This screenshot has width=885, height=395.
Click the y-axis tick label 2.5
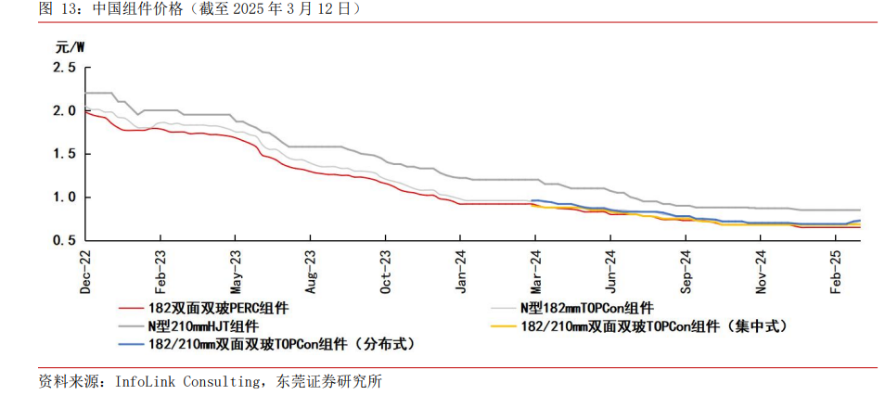click(64, 68)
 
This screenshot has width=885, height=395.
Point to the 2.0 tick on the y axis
click(64, 110)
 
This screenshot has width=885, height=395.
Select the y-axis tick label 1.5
click(64, 154)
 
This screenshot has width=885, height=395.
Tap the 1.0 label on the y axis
click(64, 197)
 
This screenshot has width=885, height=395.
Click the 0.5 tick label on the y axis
click(64, 240)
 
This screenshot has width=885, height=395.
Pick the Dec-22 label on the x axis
click(85, 272)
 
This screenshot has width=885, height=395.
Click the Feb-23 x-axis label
click(160, 272)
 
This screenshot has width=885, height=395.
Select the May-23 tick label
click(236, 272)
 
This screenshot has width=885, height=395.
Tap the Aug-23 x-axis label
click(311, 272)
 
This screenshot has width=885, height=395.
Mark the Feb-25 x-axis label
click(837, 272)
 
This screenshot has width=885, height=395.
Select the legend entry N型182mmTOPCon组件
click(585, 308)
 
